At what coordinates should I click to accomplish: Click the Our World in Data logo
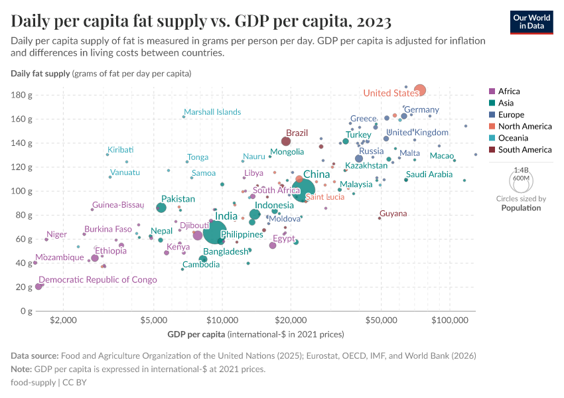[x=531, y=22]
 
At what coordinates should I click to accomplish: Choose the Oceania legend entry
[x=512, y=138]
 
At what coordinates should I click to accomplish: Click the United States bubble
[x=420, y=90]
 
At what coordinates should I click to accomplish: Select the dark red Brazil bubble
[x=286, y=141]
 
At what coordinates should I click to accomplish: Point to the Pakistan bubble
[x=161, y=208]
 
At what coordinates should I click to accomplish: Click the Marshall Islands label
[x=212, y=112]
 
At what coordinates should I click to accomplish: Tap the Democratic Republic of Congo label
[x=98, y=280]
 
